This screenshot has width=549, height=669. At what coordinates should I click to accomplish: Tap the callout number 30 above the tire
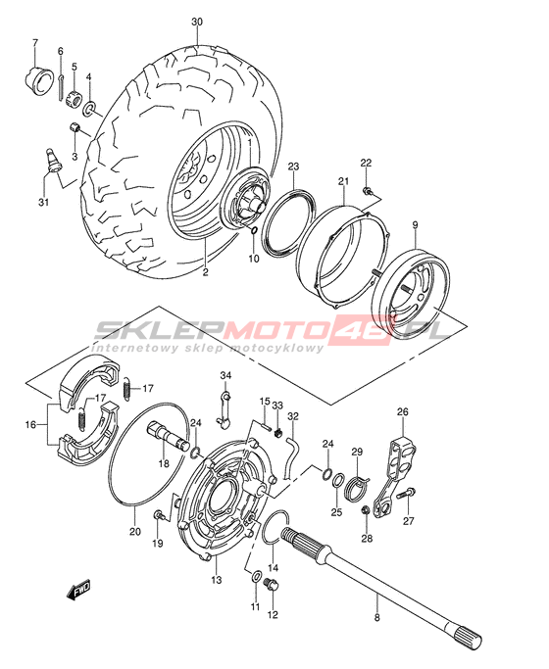pyautogui.click(x=197, y=22)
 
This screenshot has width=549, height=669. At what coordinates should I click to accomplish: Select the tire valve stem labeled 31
pyautogui.click(x=53, y=161)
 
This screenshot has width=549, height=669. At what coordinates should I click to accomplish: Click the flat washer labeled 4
pyautogui.click(x=89, y=108)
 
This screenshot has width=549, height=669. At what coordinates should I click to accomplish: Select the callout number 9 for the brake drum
pyautogui.click(x=415, y=224)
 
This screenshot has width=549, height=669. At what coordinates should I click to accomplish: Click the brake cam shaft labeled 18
pyautogui.click(x=168, y=435)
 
